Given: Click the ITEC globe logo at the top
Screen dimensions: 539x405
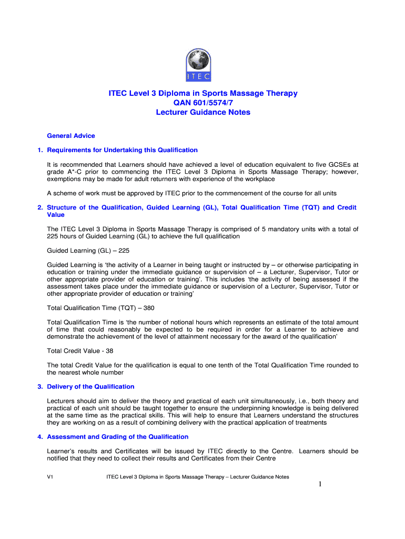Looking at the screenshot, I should click(202, 65).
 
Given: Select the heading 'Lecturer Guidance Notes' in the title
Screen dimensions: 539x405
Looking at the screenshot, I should click(203, 112).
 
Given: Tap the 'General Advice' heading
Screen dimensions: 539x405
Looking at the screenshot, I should click(71, 136).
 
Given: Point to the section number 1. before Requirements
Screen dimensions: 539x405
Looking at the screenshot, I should click(40, 150).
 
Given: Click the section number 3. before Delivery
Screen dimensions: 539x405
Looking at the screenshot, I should click(40, 387).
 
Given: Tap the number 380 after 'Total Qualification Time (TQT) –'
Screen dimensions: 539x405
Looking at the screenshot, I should click(148, 307).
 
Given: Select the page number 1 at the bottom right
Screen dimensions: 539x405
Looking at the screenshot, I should click(320, 485).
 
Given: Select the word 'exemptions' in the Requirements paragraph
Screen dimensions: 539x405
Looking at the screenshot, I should click(66, 179).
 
